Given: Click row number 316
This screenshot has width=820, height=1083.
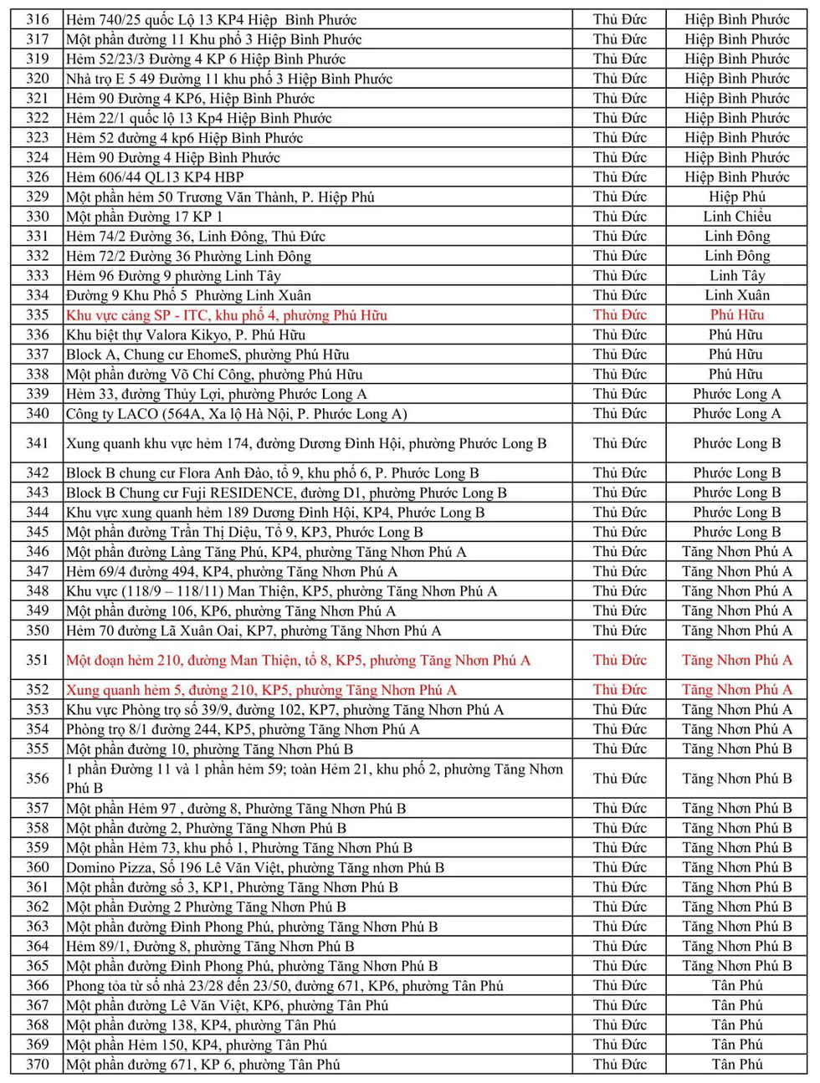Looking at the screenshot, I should tap(38, 19).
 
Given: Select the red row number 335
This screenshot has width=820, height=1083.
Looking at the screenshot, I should tap(38, 315).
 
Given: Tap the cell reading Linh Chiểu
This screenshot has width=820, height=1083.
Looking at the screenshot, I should tap(736, 217).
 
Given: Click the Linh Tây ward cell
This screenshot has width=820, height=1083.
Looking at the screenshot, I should tap(736, 276).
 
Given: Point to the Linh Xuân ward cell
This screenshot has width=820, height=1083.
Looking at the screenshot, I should tap(736, 295).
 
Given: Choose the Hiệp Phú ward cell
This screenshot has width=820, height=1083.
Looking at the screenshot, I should tap(736, 197).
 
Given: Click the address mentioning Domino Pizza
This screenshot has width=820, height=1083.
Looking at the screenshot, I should tap(255, 867).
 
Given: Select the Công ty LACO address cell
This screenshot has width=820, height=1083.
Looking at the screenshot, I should tap(237, 414).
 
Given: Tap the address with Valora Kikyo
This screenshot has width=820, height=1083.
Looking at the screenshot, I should tap(186, 335).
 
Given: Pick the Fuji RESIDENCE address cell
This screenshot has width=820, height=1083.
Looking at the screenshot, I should tap(286, 493).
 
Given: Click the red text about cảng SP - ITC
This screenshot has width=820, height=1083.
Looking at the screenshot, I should tap(227, 315).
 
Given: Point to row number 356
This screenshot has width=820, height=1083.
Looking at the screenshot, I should tap(38, 779).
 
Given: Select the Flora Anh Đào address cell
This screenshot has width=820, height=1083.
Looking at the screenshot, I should tap(273, 473).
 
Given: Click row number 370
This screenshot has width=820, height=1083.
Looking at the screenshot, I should tap(38, 1065).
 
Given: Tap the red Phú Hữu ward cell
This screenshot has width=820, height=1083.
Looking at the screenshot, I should tap(736, 315).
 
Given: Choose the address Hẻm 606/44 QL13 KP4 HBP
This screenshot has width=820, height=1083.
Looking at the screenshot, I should tap(156, 177).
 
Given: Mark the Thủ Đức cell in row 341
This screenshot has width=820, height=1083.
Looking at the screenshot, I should tap(619, 443).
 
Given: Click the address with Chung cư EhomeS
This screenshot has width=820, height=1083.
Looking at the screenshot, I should tap(208, 355).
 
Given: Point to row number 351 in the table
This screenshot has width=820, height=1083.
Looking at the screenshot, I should tap(38, 660).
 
